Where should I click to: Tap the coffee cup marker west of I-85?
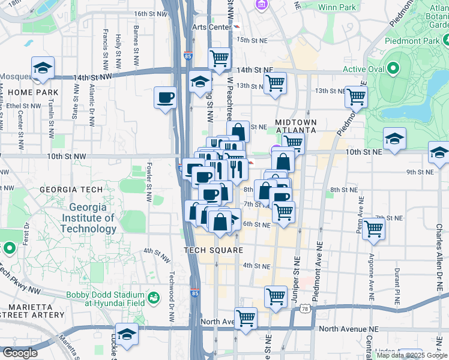[x=165, y=97]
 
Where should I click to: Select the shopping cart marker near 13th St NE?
[x=356, y=95]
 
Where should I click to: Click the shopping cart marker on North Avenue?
[x=246, y=318]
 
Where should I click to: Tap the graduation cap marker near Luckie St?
[x=127, y=334]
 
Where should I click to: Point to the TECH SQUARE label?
[x=214, y=250]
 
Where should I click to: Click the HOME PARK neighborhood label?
[x=29, y=92]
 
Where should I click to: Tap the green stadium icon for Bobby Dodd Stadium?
[x=154, y=296]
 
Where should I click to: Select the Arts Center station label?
[x=211, y=27]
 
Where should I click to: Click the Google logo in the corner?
[x=19, y=353]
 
